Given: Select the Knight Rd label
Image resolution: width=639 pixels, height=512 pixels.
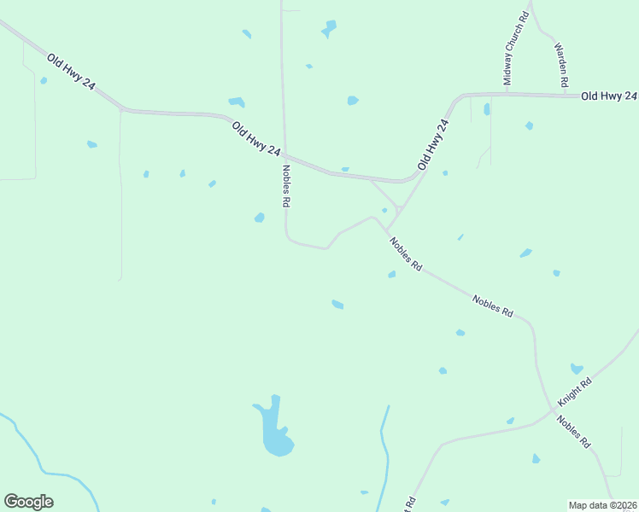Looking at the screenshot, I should click(575, 393).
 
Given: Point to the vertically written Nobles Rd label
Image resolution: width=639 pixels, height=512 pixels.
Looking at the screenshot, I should click(287, 185).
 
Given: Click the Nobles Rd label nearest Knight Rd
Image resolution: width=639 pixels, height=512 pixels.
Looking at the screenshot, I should click(573, 432).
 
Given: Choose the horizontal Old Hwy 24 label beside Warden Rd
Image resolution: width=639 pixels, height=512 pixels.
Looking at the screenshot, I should click(608, 96).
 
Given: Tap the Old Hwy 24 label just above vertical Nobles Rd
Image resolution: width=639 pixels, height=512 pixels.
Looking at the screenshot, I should click(256, 138).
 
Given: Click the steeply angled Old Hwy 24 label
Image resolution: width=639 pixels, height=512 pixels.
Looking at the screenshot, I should click(433, 143).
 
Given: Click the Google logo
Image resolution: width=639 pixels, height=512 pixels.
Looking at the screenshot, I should click(28, 502).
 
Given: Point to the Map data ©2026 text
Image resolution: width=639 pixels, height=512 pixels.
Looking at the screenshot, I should click(602, 505).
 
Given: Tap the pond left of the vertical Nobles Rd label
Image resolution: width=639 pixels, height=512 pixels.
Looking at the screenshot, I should click(259, 218).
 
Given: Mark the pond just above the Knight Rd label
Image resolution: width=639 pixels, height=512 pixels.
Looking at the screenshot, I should click(577, 369).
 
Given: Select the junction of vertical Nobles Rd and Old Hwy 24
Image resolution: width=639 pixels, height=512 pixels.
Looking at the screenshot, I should click(284, 154).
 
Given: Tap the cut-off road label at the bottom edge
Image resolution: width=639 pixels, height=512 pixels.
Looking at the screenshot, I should click(410, 503).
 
